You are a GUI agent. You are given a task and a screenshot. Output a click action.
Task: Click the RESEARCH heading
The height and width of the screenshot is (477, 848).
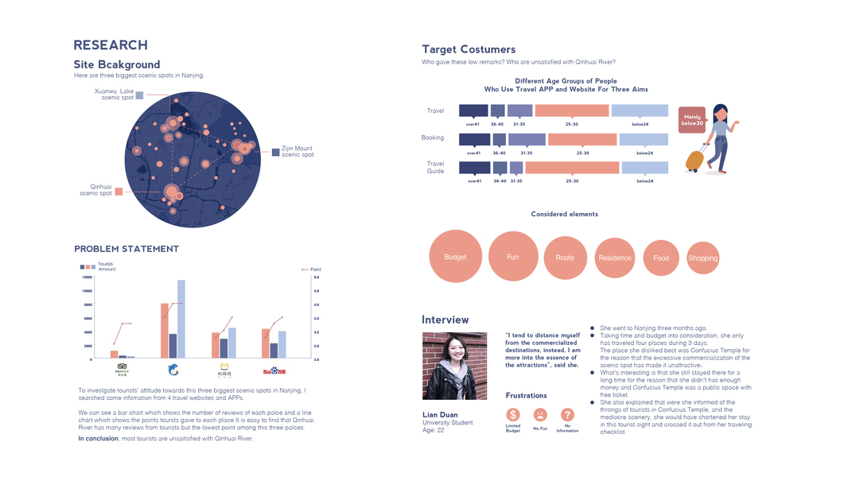coord(111,45)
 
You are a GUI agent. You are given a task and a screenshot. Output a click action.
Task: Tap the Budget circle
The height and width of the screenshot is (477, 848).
coord(455,257)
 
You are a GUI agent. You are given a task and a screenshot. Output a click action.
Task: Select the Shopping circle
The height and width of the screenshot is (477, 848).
coord(702,258)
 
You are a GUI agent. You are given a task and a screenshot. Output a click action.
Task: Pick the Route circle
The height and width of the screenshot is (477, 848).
coord(565,258)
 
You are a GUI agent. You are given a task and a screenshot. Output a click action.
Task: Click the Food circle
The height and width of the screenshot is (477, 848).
coord(661,258)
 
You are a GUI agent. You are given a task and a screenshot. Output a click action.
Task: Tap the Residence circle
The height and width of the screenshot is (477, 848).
coord(615,258)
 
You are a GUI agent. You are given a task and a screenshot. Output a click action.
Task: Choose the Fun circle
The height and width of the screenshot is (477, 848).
coord(513,257)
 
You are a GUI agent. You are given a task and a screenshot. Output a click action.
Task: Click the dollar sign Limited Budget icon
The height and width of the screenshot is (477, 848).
coord(513,414)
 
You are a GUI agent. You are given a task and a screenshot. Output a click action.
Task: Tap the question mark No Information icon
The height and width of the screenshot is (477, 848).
coord(567,414)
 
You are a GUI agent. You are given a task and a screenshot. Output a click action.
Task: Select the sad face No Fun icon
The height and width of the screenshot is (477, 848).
coord(540,414)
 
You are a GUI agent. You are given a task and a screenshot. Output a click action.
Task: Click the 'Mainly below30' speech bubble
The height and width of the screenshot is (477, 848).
coord(692,119)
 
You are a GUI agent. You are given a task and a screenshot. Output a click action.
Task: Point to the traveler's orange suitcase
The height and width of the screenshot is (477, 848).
coord(694,161)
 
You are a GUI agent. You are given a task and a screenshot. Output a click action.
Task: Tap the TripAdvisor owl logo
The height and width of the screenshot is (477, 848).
coord(122,369)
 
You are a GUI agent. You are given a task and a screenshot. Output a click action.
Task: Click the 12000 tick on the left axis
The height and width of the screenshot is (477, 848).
coord(87,277)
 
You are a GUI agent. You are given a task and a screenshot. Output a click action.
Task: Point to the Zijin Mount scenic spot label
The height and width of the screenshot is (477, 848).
coord(297,151)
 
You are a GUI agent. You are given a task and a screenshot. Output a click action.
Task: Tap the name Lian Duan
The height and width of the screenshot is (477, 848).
coord(439,415)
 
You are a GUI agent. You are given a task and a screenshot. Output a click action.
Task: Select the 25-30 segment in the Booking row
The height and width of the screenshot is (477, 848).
coord(582,139)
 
